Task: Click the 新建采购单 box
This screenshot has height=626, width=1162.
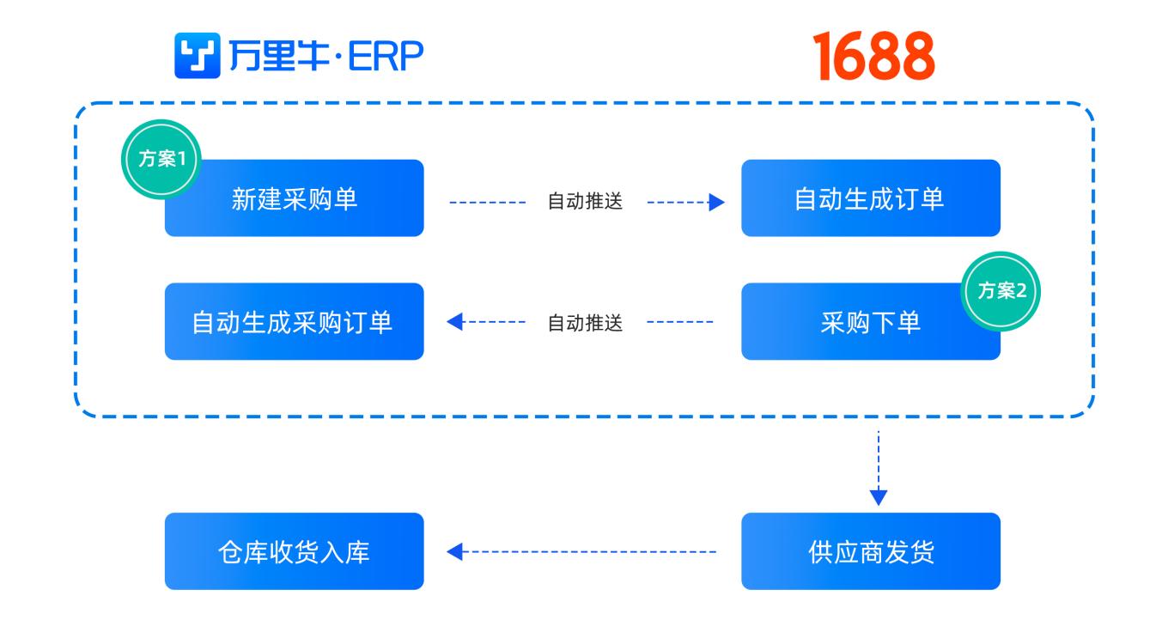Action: [294, 198]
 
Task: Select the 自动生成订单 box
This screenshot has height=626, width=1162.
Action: [870, 198]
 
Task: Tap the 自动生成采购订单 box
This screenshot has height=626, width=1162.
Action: [294, 322]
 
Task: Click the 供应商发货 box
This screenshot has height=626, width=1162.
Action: [870, 551]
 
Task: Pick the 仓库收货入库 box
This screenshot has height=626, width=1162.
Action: [294, 551]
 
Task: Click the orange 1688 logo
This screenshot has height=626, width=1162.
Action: [874, 57]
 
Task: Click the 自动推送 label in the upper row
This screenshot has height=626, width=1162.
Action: [585, 203]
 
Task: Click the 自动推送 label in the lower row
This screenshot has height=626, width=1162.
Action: [585, 323]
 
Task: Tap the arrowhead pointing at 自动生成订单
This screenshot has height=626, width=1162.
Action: [716, 203]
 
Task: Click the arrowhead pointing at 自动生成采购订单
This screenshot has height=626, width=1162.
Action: [455, 323]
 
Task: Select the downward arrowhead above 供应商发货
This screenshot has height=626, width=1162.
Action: [878, 496]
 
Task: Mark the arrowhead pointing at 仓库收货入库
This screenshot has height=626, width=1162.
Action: [455, 552]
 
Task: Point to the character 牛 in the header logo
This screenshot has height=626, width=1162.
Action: [304, 57]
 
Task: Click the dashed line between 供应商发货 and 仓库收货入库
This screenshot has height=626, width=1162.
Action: [593, 552]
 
